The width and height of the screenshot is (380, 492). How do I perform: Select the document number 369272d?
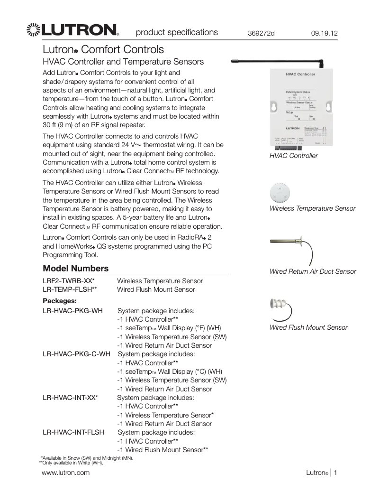tap(261, 34)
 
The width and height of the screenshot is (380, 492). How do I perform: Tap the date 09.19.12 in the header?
tap(324, 34)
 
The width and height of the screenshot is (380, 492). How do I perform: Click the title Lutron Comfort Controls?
tap(103, 49)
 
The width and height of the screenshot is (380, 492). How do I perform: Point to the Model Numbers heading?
tap(75, 269)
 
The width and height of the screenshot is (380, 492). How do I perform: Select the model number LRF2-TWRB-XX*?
tap(68, 281)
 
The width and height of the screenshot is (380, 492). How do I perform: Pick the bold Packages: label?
tap(60, 301)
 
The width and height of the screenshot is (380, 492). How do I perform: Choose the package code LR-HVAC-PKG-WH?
tap(72, 311)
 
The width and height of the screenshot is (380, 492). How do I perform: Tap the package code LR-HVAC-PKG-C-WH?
tap(77, 354)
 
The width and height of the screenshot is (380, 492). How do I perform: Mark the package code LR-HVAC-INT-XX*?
tap(70, 398)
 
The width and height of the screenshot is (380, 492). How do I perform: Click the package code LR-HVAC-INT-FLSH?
tap(73, 432)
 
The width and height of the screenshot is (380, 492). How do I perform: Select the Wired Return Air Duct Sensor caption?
tap(312, 271)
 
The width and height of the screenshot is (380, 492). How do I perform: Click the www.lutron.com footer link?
tap(66, 473)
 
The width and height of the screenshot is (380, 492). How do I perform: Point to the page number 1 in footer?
tap(335, 473)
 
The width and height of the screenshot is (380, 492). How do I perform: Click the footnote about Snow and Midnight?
tap(87, 458)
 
